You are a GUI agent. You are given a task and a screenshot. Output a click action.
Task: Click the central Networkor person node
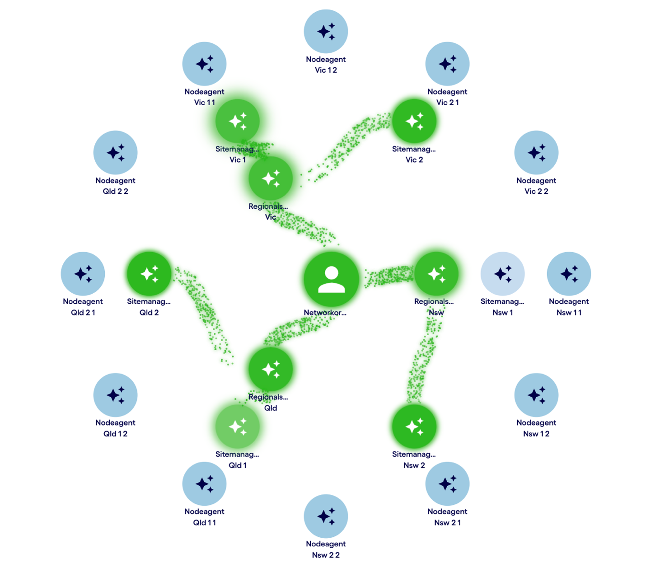click(x=331, y=279)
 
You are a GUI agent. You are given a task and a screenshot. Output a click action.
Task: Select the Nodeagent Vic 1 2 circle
click(x=326, y=32)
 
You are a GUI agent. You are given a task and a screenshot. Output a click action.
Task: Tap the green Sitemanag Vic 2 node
click(x=414, y=121)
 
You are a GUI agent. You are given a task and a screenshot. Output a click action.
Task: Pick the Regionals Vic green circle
click(x=271, y=178)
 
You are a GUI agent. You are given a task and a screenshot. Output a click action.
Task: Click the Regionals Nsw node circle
click(x=436, y=274)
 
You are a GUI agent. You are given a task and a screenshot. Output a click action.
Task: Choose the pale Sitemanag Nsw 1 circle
click(x=502, y=274)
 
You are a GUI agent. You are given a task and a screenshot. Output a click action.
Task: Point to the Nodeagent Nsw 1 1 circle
click(x=569, y=274)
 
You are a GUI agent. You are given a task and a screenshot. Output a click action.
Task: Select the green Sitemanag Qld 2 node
click(x=149, y=274)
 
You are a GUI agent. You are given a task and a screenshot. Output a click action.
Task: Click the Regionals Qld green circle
click(x=271, y=369)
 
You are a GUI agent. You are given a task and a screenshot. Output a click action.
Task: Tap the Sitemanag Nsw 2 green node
click(x=414, y=427)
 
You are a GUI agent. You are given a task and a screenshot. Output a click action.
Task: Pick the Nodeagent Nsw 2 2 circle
click(x=326, y=516)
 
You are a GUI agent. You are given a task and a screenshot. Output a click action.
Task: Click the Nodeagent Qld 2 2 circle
click(x=115, y=153)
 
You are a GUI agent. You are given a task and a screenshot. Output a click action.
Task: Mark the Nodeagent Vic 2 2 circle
click(x=536, y=153)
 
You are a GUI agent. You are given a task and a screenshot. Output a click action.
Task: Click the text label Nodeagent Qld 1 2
click(x=115, y=428)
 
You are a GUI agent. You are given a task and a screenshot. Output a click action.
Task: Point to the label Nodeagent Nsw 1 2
click(x=536, y=428)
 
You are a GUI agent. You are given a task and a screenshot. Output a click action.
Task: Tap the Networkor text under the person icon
click(x=325, y=313)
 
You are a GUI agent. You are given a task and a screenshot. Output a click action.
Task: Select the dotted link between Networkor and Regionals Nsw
click(x=389, y=276)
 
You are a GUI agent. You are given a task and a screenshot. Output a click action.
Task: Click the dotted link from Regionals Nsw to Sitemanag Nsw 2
click(x=423, y=357)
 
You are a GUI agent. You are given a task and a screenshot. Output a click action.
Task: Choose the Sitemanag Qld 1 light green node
click(x=237, y=427)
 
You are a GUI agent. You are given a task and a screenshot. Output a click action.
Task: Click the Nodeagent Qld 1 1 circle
click(x=204, y=484)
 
